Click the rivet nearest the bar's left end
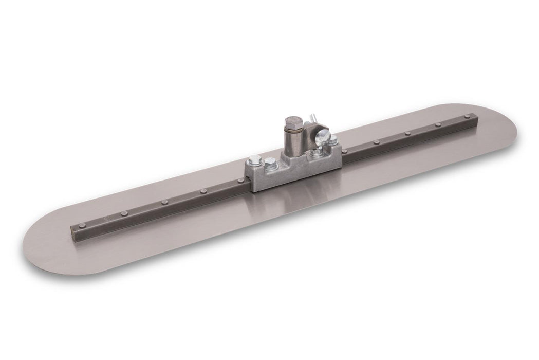(x=81, y=225)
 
